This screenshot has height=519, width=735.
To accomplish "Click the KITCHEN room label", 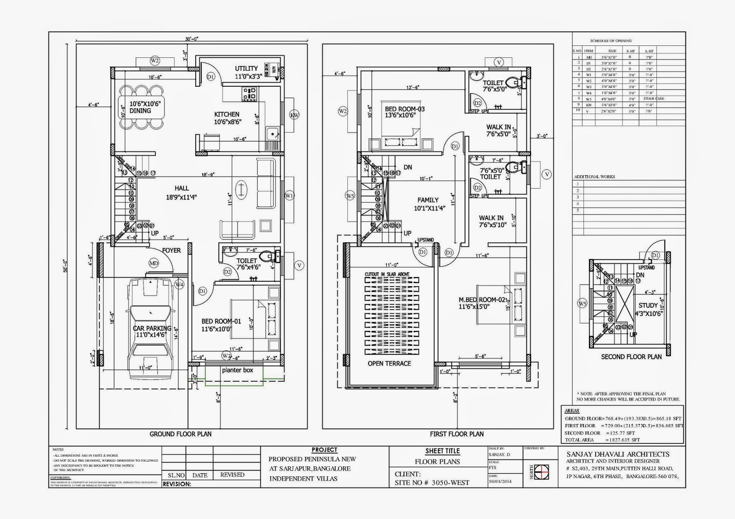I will click(x=226, y=114).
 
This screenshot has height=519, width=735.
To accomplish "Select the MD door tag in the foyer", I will click(x=153, y=263).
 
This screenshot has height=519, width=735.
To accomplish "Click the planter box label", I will click(x=237, y=370).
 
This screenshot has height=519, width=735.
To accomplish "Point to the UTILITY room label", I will click(x=246, y=69).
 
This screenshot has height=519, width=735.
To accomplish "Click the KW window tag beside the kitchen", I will click(x=294, y=115).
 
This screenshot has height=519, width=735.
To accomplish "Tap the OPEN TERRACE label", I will click(x=389, y=363).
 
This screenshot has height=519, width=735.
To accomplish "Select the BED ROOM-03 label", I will click(x=404, y=109).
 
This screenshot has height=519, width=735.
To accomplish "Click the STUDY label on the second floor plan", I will click(x=648, y=305).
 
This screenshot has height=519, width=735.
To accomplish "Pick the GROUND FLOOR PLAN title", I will click(x=181, y=434).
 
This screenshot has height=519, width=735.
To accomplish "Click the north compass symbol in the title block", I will click(x=543, y=472).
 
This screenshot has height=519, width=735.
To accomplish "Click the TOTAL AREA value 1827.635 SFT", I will click(x=623, y=440).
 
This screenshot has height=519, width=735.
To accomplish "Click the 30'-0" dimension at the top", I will click(x=192, y=39).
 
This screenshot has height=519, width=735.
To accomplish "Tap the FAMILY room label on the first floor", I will click(x=428, y=200).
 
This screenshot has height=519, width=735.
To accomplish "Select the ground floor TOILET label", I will click(x=247, y=261).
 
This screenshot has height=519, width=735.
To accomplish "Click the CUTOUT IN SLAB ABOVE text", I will click(x=387, y=274).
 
